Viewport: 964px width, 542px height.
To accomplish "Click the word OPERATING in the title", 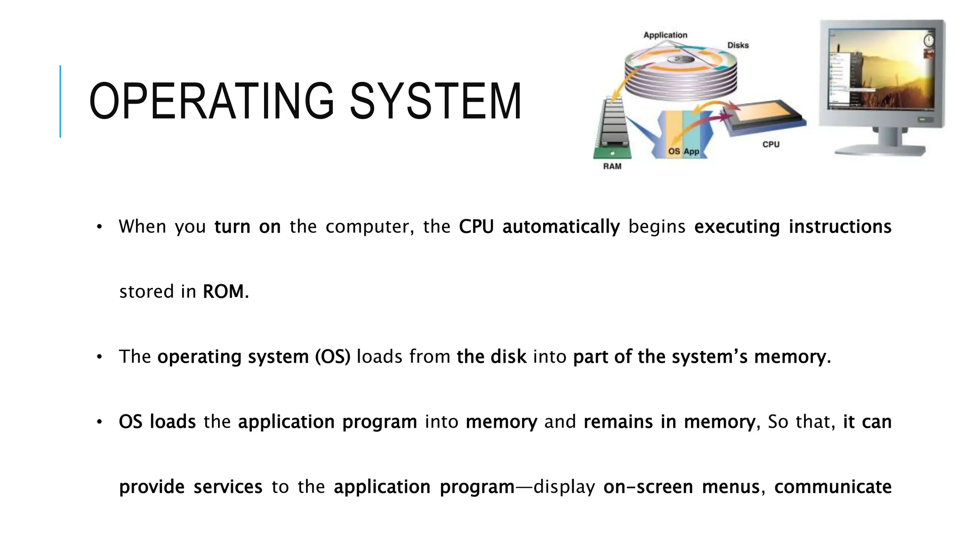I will tap(211, 101).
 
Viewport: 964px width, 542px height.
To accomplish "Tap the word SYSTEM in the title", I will tap(435, 101).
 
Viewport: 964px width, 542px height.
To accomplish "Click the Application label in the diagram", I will tap(665, 35).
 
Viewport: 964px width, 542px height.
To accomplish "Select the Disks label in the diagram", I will tap(738, 45).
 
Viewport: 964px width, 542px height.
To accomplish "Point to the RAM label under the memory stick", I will tap(612, 166).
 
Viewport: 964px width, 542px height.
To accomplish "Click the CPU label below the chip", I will tap(771, 144).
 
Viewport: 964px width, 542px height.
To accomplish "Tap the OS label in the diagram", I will tap(674, 151).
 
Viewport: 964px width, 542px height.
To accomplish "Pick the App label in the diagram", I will tap(691, 151).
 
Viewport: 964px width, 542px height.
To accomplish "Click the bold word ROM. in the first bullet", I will tap(225, 292).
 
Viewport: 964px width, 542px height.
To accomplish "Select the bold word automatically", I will tap(561, 227).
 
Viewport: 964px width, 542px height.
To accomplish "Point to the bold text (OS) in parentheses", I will tap(332, 357).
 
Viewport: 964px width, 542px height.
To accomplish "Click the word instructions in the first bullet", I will tap(840, 227).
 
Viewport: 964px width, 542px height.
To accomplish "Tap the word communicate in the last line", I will tap(833, 487).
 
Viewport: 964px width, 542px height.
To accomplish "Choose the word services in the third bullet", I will tap(228, 487).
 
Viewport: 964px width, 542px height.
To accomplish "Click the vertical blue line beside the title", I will tap(60, 101).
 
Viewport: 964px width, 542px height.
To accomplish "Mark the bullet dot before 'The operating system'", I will tap(99, 357).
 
